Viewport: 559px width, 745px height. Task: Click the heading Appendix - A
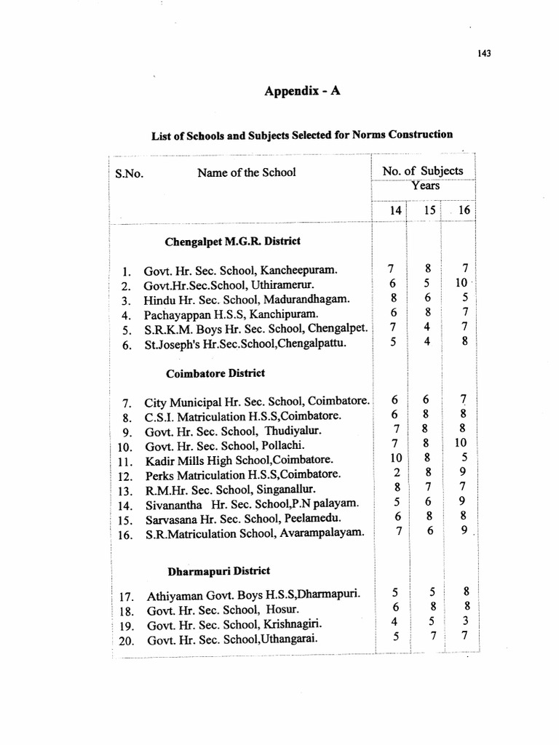click(301, 92)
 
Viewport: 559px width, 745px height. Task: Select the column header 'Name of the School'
click(246, 173)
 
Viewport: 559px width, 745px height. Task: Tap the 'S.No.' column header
click(129, 175)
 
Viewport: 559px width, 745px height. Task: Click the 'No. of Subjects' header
click(422, 171)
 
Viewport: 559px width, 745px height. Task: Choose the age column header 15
click(429, 210)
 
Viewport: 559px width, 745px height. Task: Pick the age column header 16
click(464, 210)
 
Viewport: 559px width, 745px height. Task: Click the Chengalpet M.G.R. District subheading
click(233, 240)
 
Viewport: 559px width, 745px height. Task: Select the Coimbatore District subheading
click(215, 373)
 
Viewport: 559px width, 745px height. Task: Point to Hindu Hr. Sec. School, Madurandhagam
click(241, 299)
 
